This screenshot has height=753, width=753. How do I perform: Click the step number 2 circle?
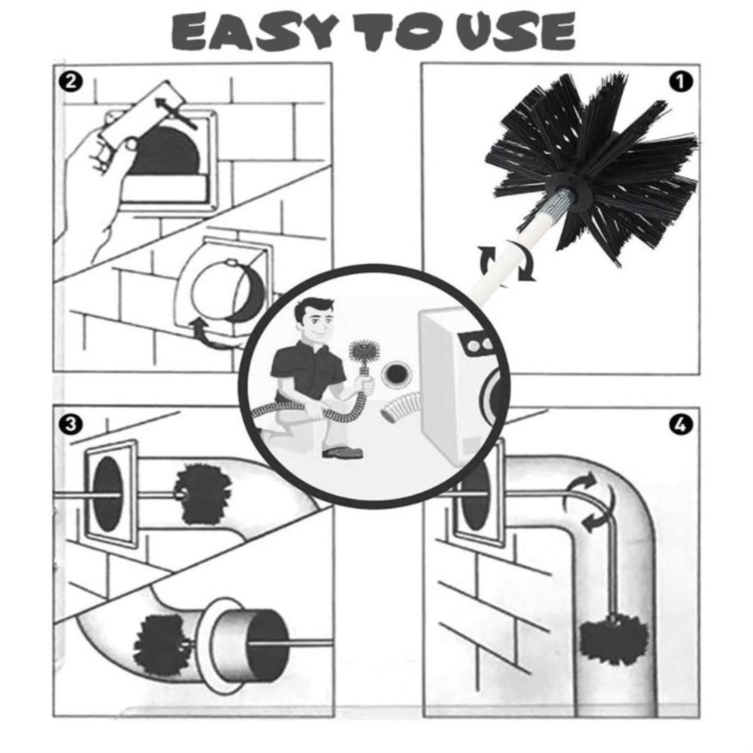coord(71,82)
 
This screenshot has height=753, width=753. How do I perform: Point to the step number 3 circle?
coord(71,425)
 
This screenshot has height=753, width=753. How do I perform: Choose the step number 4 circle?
coord(681,425)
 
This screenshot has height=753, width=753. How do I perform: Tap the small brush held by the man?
coord(362,353)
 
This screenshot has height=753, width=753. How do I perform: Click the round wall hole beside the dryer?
coord(397,373)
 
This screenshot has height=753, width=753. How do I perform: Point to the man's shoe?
coord(341,452)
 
